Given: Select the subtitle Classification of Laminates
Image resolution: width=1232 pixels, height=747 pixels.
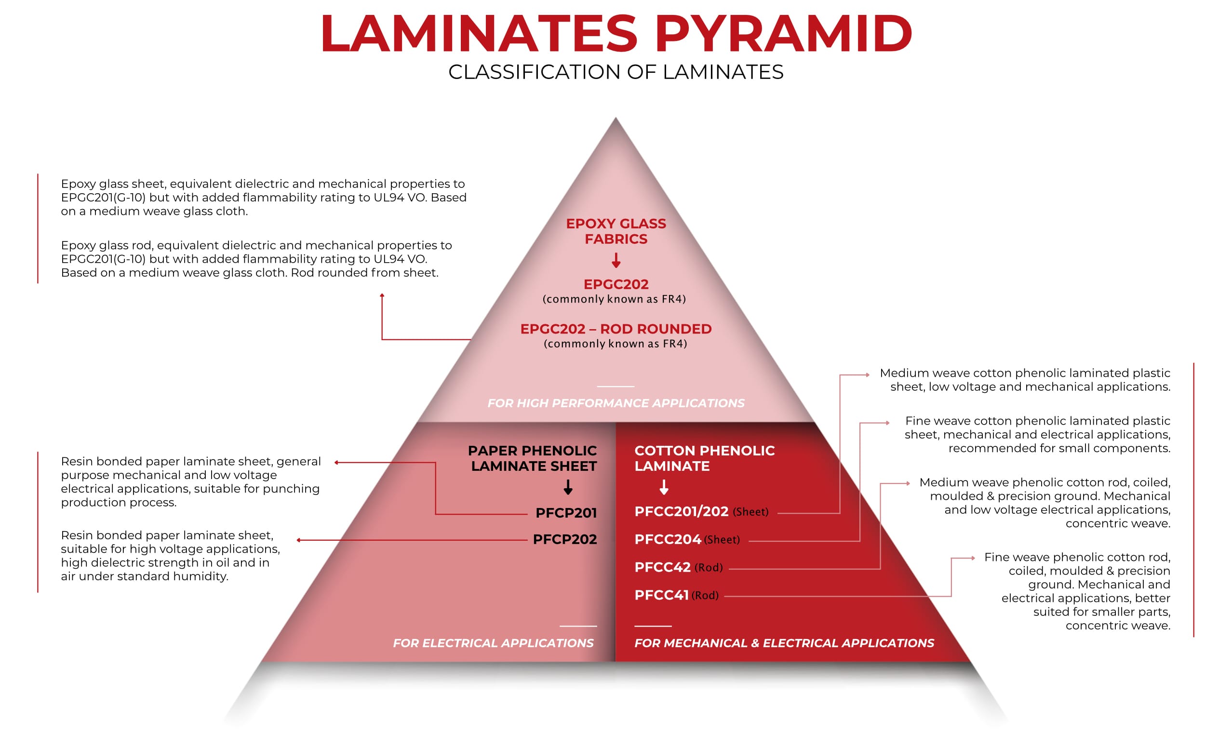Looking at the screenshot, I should click(616, 72).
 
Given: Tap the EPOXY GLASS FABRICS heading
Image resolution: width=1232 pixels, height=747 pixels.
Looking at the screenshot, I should click(616, 231).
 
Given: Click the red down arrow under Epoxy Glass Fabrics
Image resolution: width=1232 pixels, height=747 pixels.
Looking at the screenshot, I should click(616, 260).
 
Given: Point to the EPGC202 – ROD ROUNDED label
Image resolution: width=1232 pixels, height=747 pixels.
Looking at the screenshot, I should click(616, 329).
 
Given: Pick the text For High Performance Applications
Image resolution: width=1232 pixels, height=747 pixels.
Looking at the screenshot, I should click(616, 403).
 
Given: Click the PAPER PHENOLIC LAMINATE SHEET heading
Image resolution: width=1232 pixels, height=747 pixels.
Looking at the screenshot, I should click(533, 458).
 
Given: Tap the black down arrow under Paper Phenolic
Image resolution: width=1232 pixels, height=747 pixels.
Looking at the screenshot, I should click(568, 487).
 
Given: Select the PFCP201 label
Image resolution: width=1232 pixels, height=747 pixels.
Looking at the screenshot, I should click(565, 512).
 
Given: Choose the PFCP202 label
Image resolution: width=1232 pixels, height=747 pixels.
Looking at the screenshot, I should click(564, 539).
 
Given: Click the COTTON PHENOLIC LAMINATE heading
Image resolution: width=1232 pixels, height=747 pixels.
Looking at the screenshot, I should click(704, 458).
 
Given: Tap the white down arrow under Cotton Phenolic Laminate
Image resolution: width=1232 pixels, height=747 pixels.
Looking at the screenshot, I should click(664, 487).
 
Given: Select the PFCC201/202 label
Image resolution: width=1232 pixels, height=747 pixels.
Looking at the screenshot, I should click(681, 511).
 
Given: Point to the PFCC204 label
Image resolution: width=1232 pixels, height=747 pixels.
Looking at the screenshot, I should click(668, 539).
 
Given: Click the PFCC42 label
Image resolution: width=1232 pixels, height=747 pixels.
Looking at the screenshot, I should click(662, 567).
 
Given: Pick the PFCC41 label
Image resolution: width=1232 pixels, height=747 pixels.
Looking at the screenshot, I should click(661, 595).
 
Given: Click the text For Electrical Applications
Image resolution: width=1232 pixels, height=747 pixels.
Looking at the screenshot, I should click(493, 643).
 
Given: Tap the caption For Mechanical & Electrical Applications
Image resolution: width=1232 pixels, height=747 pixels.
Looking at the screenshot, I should click(784, 643).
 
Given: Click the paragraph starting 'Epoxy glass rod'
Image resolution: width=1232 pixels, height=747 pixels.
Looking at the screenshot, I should click(256, 259).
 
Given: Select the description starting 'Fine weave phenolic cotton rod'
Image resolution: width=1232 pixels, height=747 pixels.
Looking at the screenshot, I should click(1085, 591).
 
